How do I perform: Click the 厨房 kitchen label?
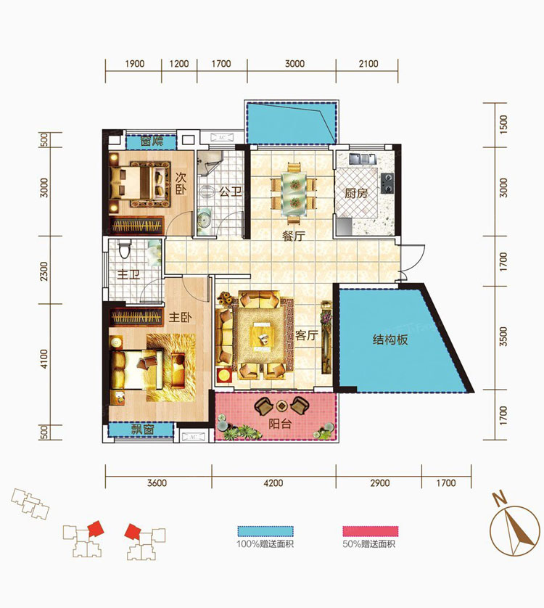[356, 193]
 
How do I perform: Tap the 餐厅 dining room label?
[294, 235]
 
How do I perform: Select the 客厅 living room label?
[306, 335]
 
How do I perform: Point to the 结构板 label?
[390, 340]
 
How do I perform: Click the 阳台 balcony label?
[280, 424]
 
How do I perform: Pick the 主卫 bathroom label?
[128, 274]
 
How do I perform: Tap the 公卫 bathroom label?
[231, 192]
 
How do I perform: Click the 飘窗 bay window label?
[142, 429]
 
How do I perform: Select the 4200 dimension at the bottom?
[273, 482]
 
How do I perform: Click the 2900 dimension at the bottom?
[379, 482]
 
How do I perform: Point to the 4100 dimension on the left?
[44, 358]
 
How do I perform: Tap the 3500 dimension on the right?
[503, 337]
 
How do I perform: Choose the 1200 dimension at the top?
[178, 64]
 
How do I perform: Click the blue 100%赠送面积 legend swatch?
[265, 531]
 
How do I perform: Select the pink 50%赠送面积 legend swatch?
[371, 531]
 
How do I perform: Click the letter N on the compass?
[500, 498]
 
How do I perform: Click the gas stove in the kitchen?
[387, 183]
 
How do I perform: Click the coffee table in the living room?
[263, 337]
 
